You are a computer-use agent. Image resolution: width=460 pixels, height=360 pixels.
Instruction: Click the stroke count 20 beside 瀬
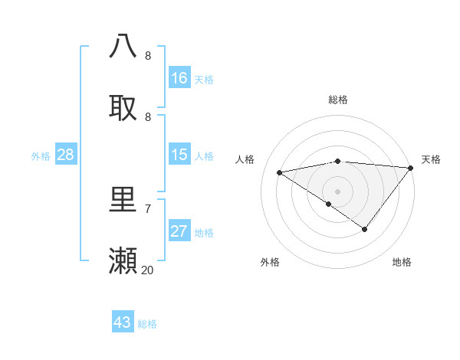point(147,270)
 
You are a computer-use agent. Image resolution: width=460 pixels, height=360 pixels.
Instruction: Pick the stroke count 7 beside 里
point(147,208)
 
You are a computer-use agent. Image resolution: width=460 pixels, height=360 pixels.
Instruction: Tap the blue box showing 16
point(179,77)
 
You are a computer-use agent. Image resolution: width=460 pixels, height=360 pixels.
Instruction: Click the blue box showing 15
point(179,155)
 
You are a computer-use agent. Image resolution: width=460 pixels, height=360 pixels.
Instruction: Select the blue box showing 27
point(179,232)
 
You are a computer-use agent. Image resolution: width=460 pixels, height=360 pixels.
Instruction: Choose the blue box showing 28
point(66,155)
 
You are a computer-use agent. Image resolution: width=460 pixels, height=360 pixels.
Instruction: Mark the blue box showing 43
point(123,322)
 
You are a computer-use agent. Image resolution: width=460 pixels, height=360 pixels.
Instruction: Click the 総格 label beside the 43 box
point(147,324)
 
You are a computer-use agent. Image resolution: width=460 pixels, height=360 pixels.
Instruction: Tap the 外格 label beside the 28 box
point(41,156)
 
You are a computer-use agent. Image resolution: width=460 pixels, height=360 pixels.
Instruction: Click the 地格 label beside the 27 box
point(204,233)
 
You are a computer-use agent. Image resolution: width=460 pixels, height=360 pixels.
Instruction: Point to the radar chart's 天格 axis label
point(431,159)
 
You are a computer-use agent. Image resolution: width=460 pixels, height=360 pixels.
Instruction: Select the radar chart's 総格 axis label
point(337,100)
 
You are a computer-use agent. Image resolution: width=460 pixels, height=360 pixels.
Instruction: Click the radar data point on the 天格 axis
point(411,167)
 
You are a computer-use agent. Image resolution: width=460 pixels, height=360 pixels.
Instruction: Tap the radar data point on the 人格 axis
point(280,172)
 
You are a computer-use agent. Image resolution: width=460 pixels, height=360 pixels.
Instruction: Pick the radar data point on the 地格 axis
point(365,229)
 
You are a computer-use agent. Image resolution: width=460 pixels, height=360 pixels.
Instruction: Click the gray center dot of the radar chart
point(337,191)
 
